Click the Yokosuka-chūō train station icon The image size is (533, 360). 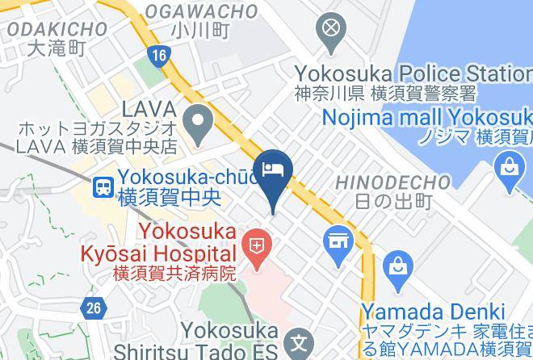click(103, 187)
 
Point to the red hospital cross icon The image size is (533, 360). click(257, 242)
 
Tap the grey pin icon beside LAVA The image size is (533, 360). click(195, 123)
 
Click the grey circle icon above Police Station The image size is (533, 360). click(331, 31)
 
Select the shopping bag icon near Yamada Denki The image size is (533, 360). click(398, 264)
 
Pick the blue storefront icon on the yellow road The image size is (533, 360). click(338, 240)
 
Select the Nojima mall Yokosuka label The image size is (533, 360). click(427, 118)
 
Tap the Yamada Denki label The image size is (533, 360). click(433, 312)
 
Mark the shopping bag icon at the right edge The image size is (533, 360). click(509, 167)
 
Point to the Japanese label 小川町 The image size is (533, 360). click(201, 31)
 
